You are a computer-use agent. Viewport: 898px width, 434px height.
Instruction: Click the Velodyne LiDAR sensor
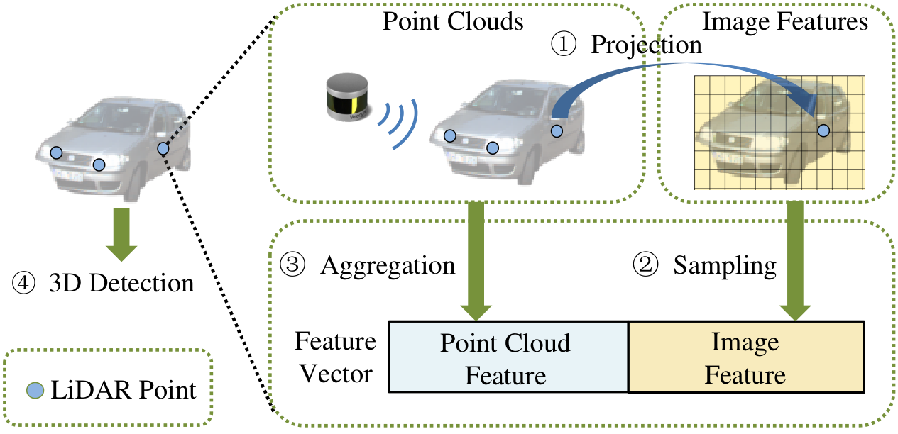click(347, 96)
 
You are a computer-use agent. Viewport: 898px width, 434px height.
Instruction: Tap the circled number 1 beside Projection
click(564, 44)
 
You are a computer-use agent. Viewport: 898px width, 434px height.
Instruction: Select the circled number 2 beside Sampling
click(645, 265)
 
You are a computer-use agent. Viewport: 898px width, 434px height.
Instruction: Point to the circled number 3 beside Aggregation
click(292, 265)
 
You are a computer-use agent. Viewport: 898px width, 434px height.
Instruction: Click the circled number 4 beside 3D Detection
click(23, 283)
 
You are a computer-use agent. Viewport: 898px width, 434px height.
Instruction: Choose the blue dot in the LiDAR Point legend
click(35, 390)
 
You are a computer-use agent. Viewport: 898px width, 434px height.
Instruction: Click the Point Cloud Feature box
click(508, 357)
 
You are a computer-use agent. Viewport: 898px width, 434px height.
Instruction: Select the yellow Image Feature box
click(746, 357)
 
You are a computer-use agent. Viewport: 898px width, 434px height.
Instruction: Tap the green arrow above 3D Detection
click(121, 235)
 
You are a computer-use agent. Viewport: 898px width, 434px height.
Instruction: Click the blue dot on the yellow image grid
click(823, 130)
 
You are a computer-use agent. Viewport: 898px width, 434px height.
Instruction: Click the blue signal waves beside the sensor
click(398, 124)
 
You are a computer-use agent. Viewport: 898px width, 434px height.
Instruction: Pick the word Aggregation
click(388, 266)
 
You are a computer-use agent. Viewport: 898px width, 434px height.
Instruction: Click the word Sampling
click(725, 266)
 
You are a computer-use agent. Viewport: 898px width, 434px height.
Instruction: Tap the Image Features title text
click(785, 21)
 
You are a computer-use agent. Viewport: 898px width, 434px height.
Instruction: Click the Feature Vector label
click(336, 357)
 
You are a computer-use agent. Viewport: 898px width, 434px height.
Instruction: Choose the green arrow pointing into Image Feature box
click(795, 261)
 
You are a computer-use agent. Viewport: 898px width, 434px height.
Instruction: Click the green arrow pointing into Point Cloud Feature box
click(476, 261)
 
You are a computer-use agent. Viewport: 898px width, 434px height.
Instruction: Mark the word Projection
click(646, 45)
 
